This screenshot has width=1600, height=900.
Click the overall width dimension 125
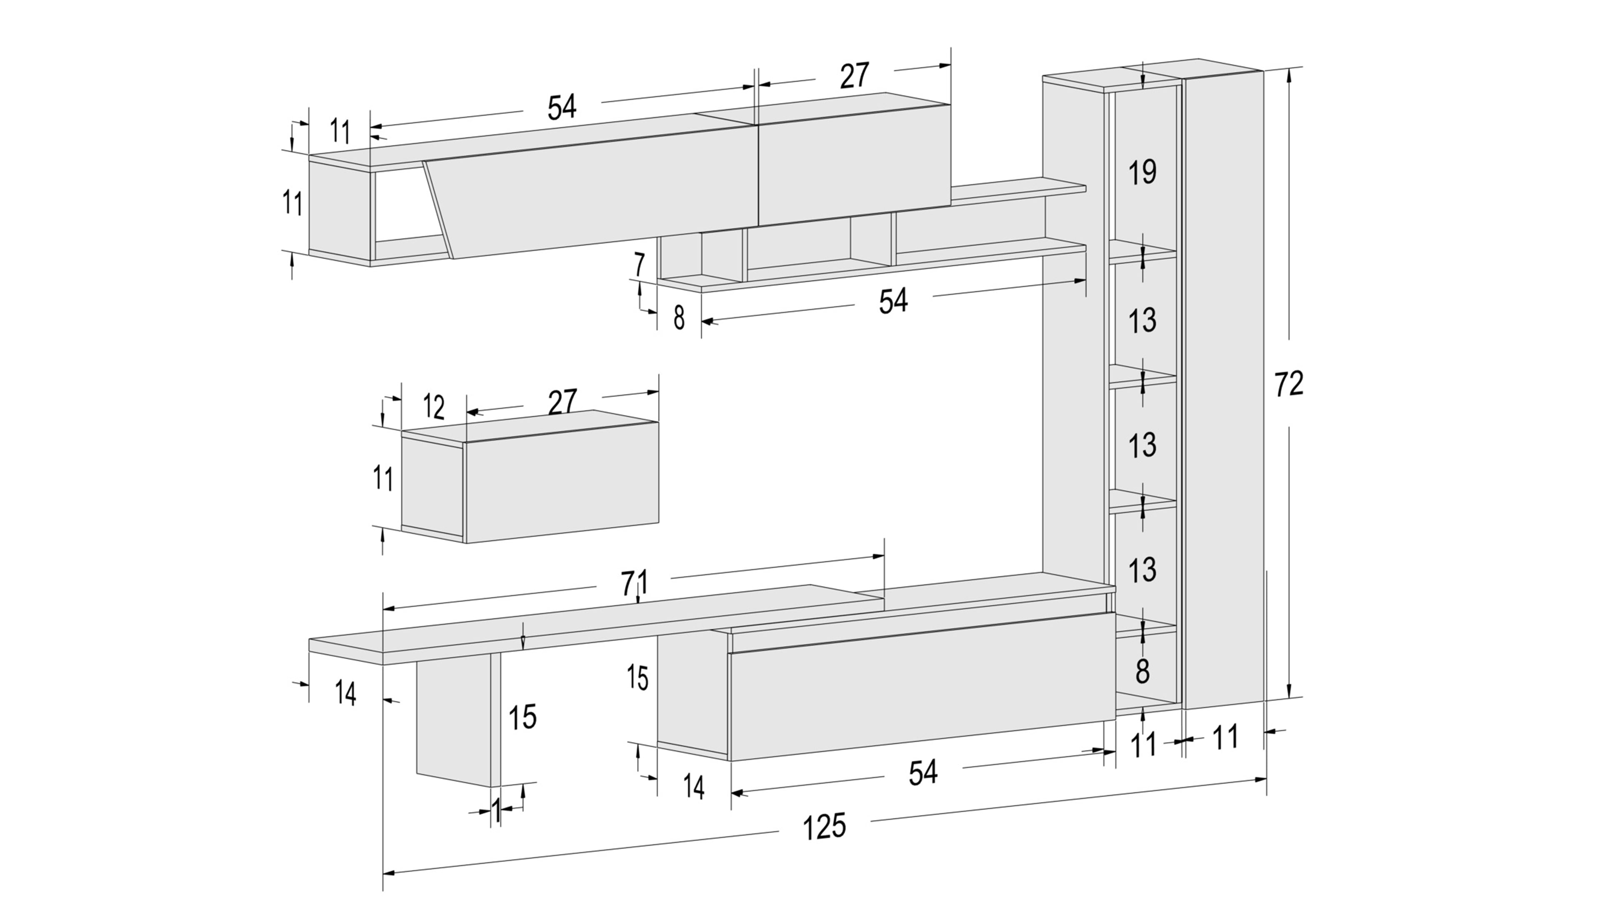click(x=824, y=827)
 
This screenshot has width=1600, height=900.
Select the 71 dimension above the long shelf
click(x=634, y=582)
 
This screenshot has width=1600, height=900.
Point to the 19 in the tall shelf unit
click(x=1142, y=172)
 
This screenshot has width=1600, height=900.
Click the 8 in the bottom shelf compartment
click(x=1142, y=671)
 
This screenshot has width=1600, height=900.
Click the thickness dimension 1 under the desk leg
click(x=496, y=810)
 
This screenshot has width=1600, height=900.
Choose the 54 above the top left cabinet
click(x=562, y=107)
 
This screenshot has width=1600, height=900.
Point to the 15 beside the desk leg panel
click(x=522, y=717)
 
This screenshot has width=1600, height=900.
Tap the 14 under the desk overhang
click(x=345, y=694)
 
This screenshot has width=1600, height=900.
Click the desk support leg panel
click(x=453, y=720)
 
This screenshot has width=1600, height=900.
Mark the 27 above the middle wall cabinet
click(x=562, y=401)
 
